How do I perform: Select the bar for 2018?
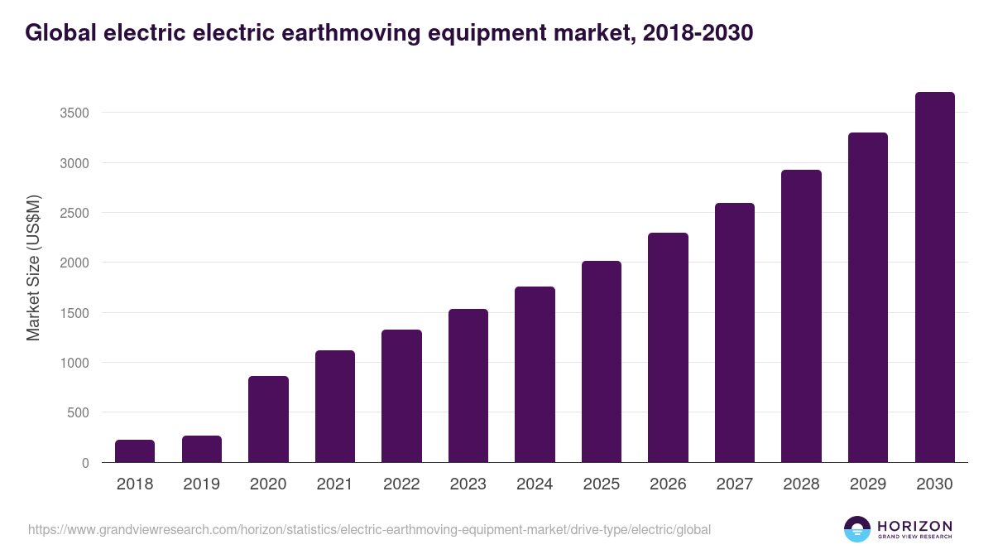coord(135,451)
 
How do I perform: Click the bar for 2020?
coord(268,419)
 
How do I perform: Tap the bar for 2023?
coord(468,386)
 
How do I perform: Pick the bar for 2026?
coord(668,348)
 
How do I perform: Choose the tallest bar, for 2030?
coord(934,277)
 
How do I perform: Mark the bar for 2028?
coord(801,316)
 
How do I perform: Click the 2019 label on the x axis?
coord(201,484)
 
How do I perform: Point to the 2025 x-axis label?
coord(601,484)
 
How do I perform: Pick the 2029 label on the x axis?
coord(867,484)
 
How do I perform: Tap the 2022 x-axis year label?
coord(401,484)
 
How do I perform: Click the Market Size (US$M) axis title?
coord(33,267)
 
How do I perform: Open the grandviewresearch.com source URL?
coord(369,529)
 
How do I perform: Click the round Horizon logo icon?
coord(857,529)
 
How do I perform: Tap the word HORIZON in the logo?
coord(915,526)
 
